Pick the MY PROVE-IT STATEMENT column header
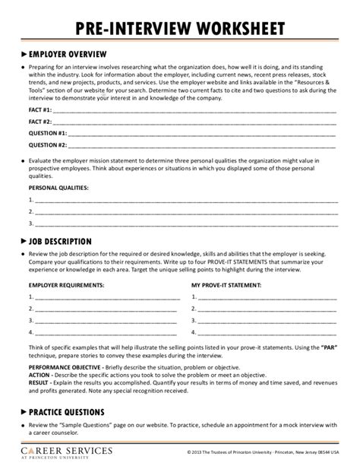coord(228,285)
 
